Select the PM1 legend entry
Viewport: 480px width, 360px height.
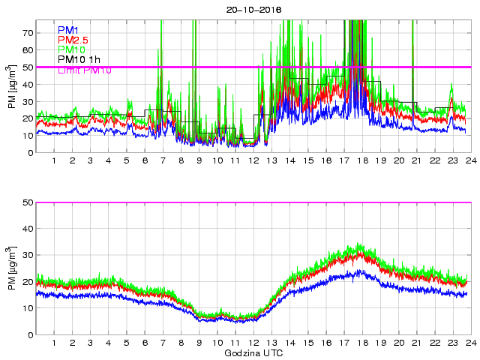(68, 30)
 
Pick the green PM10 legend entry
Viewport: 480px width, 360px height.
(71, 49)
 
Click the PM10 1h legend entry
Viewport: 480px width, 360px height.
(79, 59)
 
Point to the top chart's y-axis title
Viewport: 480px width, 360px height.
(12, 87)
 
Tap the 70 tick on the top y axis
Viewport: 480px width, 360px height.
(28, 33)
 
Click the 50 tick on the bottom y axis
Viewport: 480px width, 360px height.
(28, 202)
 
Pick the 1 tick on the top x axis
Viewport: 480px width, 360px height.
(55, 160)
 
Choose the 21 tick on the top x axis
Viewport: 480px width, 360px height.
(416, 160)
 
